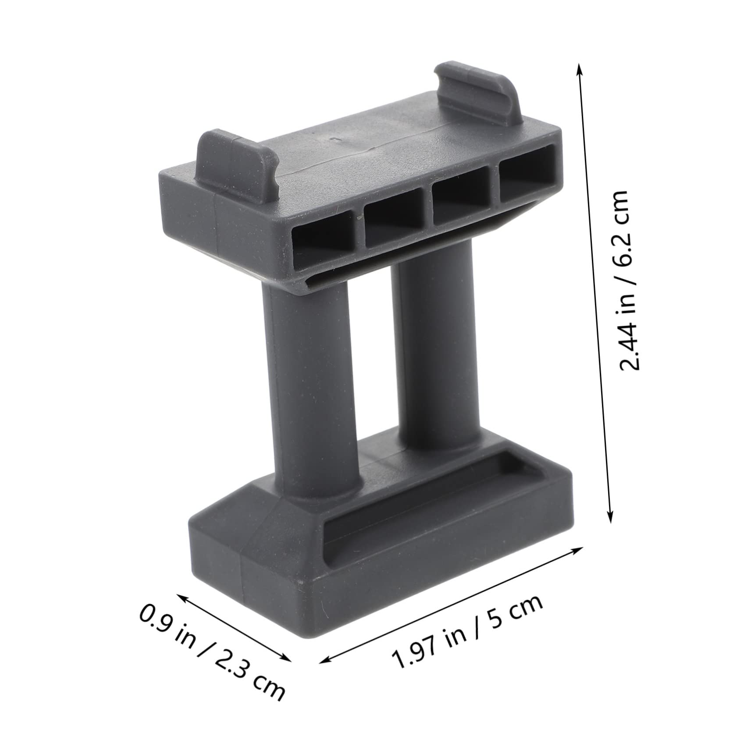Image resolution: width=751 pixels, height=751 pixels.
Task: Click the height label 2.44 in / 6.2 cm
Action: tap(623, 281)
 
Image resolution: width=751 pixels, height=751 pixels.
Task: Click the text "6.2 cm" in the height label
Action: tap(623, 224)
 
